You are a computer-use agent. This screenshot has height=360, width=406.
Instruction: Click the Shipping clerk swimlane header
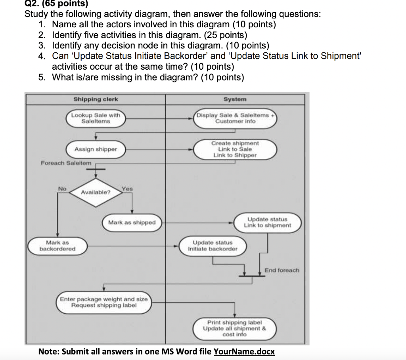[96, 99]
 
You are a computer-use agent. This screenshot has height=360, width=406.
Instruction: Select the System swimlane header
[235, 99]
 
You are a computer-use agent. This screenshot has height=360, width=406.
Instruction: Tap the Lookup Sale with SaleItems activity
[96, 118]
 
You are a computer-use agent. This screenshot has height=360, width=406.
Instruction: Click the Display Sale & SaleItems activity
[236, 118]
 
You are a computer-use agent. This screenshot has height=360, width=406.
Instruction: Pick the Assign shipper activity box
[96, 149]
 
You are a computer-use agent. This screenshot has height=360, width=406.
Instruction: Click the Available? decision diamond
[96, 192]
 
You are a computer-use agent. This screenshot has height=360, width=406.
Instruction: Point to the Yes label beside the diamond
[127, 189]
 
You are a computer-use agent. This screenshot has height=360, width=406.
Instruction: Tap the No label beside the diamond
[62, 189]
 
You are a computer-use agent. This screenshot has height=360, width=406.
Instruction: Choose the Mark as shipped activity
[132, 223]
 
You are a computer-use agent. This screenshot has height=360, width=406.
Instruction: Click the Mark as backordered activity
[57, 246]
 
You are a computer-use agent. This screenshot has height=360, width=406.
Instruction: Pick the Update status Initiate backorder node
[213, 246]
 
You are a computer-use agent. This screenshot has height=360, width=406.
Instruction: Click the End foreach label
[282, 270]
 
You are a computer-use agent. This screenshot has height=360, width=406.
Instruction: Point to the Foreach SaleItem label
[66, 163]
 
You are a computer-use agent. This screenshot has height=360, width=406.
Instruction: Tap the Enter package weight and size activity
[103, 302]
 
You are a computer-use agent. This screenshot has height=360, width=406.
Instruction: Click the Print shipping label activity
[234, 328]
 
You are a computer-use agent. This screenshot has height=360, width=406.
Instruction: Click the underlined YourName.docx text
[244, 352]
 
